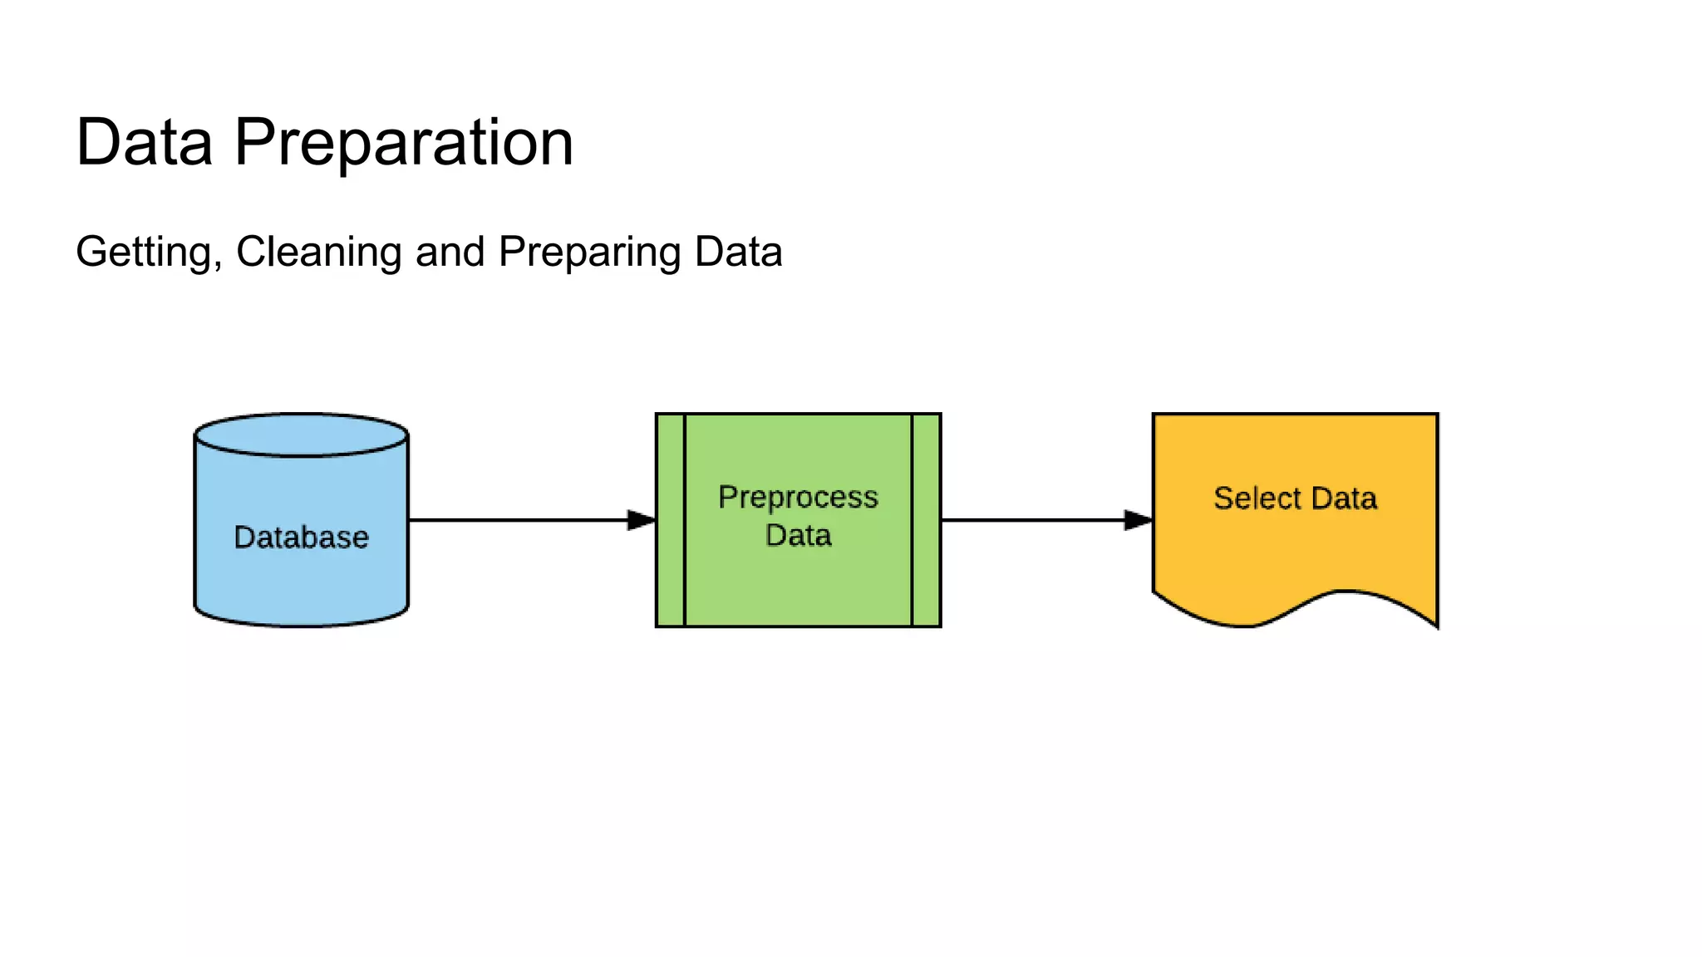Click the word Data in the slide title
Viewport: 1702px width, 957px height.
coord(145,143)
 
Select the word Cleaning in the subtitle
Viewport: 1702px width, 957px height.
coord(319,252)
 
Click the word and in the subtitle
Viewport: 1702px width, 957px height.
coord(450,252)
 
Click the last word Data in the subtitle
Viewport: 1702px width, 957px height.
coord(738,252)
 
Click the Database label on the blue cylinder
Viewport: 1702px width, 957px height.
coord(301,537)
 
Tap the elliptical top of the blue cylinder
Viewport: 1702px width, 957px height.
coord(301,434)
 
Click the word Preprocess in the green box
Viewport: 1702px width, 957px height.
coord(798,498)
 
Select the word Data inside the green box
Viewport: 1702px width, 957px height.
coord(798,536)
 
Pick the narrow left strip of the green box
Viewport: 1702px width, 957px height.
coord(671,520)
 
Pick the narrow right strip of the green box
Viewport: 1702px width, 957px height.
coord(926,520)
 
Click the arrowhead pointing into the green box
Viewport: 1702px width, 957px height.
coord(642,520)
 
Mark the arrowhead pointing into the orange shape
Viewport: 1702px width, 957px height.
coord(1139,520)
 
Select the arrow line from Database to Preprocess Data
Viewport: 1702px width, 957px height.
coord(515,520)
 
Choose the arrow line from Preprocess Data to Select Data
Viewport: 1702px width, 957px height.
coord(1031,520)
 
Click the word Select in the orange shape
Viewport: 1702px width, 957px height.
coord(1257,498)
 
